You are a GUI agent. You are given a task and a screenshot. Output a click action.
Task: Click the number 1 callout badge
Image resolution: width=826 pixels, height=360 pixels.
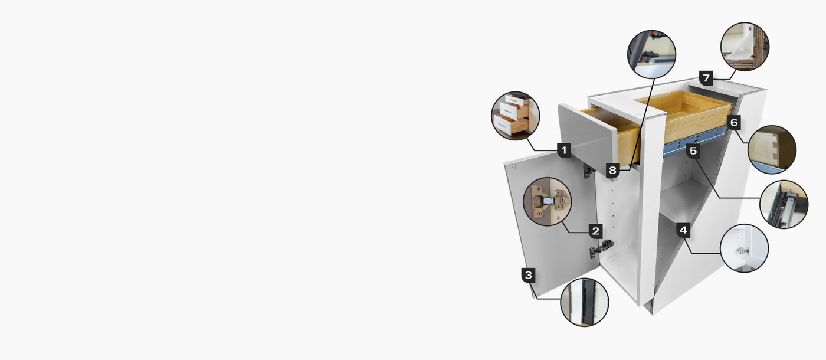pos(564,150)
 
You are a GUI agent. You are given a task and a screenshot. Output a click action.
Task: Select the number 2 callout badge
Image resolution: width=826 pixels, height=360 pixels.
pos(595,231)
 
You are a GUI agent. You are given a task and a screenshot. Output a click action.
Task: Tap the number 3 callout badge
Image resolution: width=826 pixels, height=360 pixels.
pos(529,275)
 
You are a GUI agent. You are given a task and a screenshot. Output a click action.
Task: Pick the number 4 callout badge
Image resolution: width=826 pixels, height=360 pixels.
pos(683,231)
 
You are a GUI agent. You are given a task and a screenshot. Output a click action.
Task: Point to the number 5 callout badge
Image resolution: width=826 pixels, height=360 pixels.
pos(693,151)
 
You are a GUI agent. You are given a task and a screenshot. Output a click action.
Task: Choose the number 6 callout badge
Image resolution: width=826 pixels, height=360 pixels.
pos(734,123)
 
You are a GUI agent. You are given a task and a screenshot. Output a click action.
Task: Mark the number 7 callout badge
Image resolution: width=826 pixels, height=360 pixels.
pos(706,78)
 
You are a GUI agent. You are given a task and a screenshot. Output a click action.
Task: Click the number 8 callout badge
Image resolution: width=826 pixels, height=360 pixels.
pos(612,171)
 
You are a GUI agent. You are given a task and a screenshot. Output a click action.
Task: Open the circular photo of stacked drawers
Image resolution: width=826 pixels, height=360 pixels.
pos(516,116)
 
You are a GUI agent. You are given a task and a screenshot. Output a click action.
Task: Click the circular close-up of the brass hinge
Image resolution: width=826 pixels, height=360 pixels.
pos(548,201)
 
